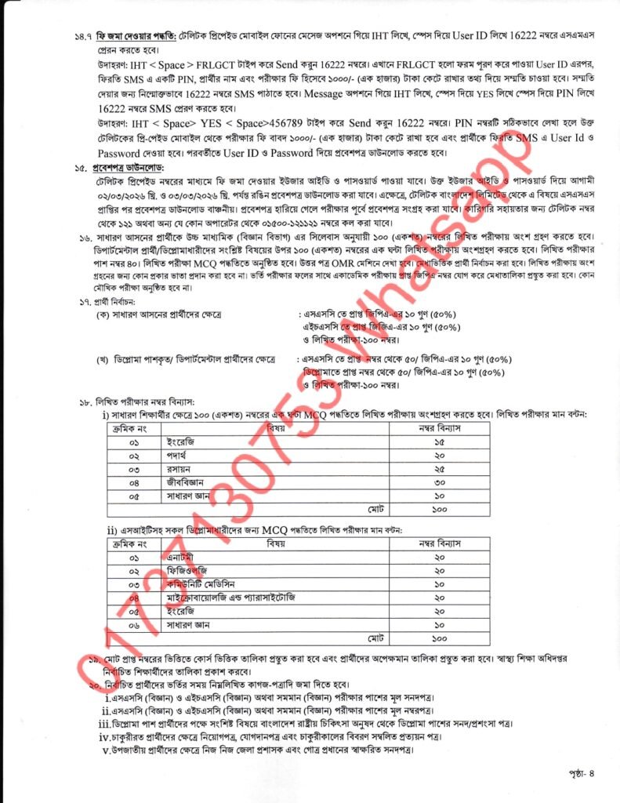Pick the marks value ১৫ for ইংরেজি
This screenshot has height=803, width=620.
pyautogui.click(x=439, y=442)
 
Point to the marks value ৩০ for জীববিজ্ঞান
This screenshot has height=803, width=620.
pyautogui.click(x=439, y=482)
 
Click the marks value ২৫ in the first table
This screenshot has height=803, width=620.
pyautogui.click(x=439, y=469)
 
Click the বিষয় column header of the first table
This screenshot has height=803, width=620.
pyautogui.click(x=275, y=429)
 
